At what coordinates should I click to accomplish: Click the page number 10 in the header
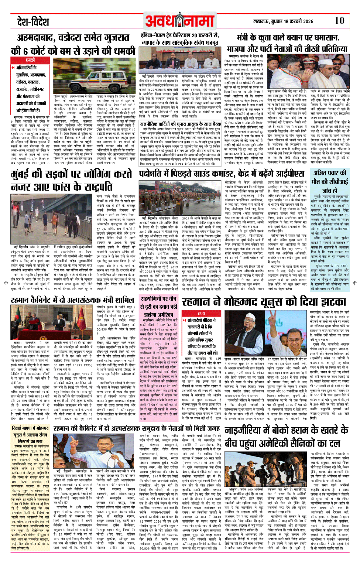pos(339,21)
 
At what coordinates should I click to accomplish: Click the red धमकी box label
pos(30,60)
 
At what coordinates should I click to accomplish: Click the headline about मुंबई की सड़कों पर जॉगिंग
pos(71,180)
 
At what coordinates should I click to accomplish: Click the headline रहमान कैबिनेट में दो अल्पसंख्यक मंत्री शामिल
pos(72,301)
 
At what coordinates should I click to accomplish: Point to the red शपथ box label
pos(201,313)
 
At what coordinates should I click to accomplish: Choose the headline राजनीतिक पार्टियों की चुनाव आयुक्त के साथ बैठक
pos(181,124)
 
